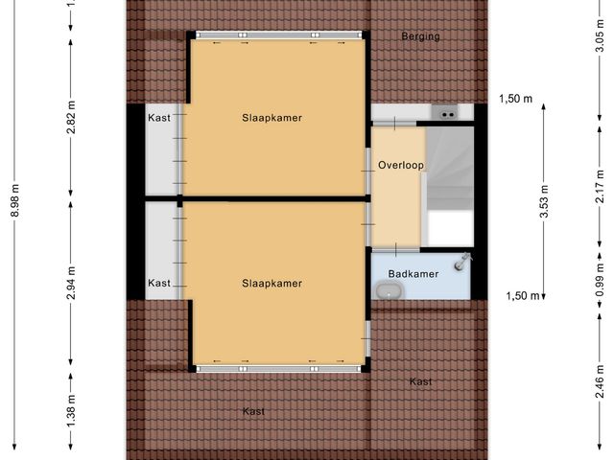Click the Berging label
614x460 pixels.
tap(420, 37)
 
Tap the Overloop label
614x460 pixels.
tap(400, 165)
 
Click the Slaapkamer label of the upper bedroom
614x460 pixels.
tap(272, 119)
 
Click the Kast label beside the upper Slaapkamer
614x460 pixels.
tap(159, 118)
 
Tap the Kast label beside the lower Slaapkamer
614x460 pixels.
tap(159, 283)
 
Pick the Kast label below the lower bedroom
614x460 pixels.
tap(253, 411)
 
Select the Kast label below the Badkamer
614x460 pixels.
tap(420, 381)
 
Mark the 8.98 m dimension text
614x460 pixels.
tap(13, 200)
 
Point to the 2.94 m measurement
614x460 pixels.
tap(71, 284)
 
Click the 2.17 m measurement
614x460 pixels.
tap(601, 181)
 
